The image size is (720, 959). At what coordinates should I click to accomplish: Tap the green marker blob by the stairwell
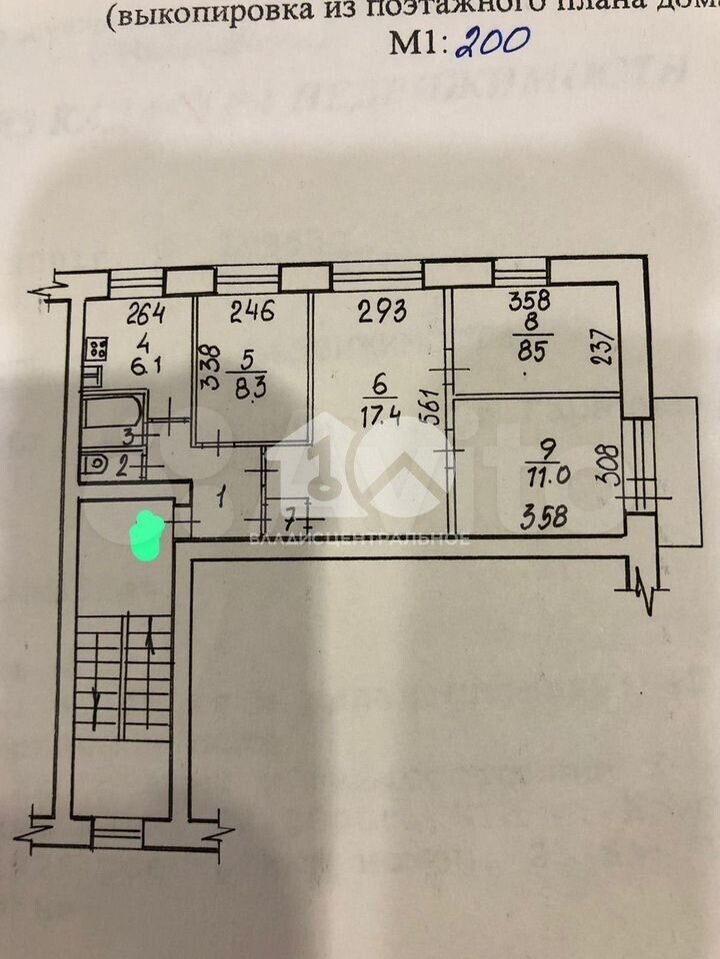[147, 534]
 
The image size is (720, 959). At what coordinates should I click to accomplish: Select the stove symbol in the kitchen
[99, 350]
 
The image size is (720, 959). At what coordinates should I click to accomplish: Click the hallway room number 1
[221, 492]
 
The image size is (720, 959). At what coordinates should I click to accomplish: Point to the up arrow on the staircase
[151, 633]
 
